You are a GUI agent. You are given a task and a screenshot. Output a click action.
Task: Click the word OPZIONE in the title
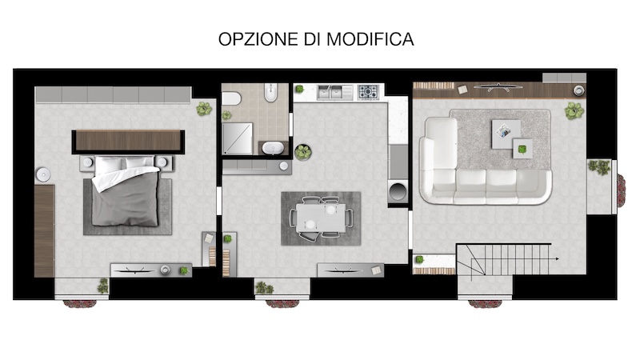pos(258,39)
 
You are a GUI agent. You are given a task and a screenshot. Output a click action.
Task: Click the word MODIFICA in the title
pos(370,39)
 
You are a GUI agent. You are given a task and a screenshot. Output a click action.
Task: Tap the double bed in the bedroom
pos(126,191)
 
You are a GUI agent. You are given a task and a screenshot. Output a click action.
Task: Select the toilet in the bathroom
pos(271,92)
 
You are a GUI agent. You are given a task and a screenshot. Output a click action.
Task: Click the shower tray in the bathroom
pos(237,138)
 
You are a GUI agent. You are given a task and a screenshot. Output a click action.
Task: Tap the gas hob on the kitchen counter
pos(368,92)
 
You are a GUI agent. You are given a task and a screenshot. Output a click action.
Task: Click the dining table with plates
pos(321,218)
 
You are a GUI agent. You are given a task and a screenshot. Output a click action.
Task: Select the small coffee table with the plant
pos(522,149)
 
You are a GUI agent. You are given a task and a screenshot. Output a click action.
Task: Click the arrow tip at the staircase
pos(558,258)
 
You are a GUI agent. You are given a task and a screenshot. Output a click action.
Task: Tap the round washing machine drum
pos(398,191)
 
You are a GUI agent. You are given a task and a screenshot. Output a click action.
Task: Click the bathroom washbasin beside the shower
pos(273,147)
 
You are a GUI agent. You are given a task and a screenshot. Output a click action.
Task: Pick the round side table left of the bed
pos(43,174)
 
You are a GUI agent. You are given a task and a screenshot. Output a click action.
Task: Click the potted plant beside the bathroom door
pos(303,152)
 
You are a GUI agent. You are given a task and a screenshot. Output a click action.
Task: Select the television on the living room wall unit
pos(498,86)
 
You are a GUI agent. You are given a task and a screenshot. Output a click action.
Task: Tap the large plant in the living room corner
pos(574,110)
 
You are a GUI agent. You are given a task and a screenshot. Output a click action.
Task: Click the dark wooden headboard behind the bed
pos(128,141)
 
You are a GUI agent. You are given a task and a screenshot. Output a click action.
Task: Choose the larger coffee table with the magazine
pos(506,134)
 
